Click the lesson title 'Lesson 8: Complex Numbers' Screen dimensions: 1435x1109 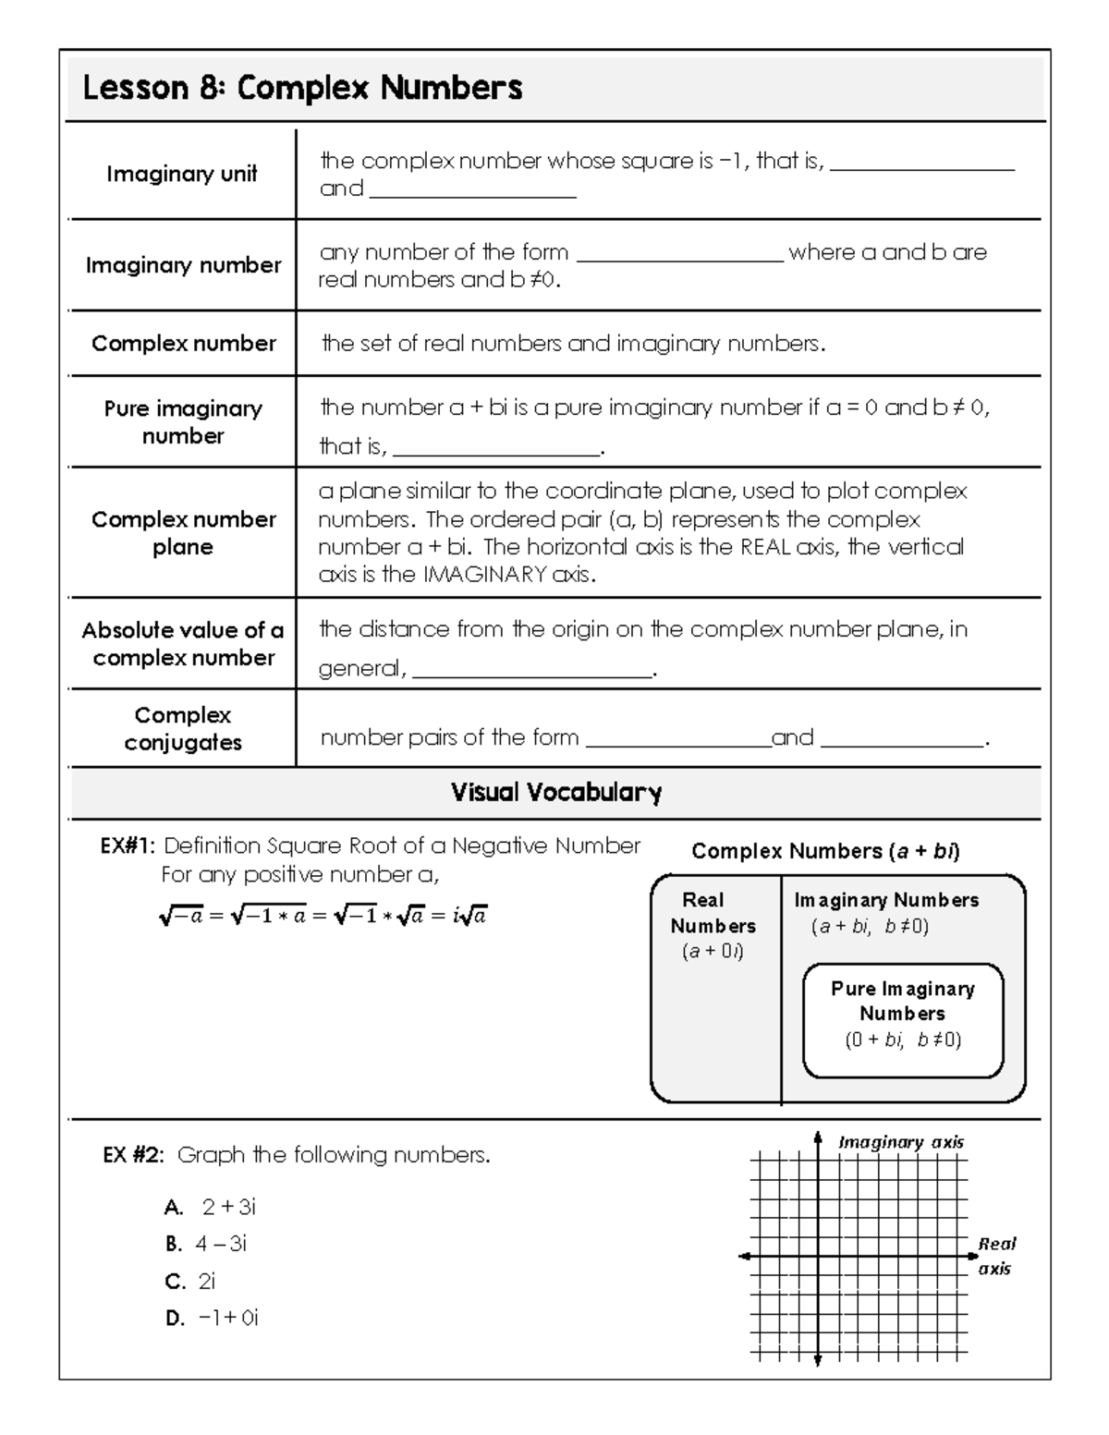pos(302,89)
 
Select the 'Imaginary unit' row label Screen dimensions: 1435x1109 pos(181,174)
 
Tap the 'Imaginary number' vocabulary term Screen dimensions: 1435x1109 pos(183,265)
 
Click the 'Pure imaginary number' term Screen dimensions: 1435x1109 pos(183,421)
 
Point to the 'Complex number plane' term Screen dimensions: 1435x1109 pos(183,532)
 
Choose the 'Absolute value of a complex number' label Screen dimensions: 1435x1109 pos(183,643)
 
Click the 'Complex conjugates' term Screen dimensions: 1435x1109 pos(183,728)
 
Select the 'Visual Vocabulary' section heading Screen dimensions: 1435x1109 pos(555,792)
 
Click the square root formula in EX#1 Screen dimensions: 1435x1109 pos(323,916)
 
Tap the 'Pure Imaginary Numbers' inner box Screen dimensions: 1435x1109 pos(903,1019)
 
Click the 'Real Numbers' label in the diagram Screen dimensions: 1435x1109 pos(713,913)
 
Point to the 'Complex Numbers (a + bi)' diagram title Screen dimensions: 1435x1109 pos(825,851)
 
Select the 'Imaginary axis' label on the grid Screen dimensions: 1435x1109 pos(900,1142)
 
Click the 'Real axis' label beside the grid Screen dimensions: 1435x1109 pos(995,1256)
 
